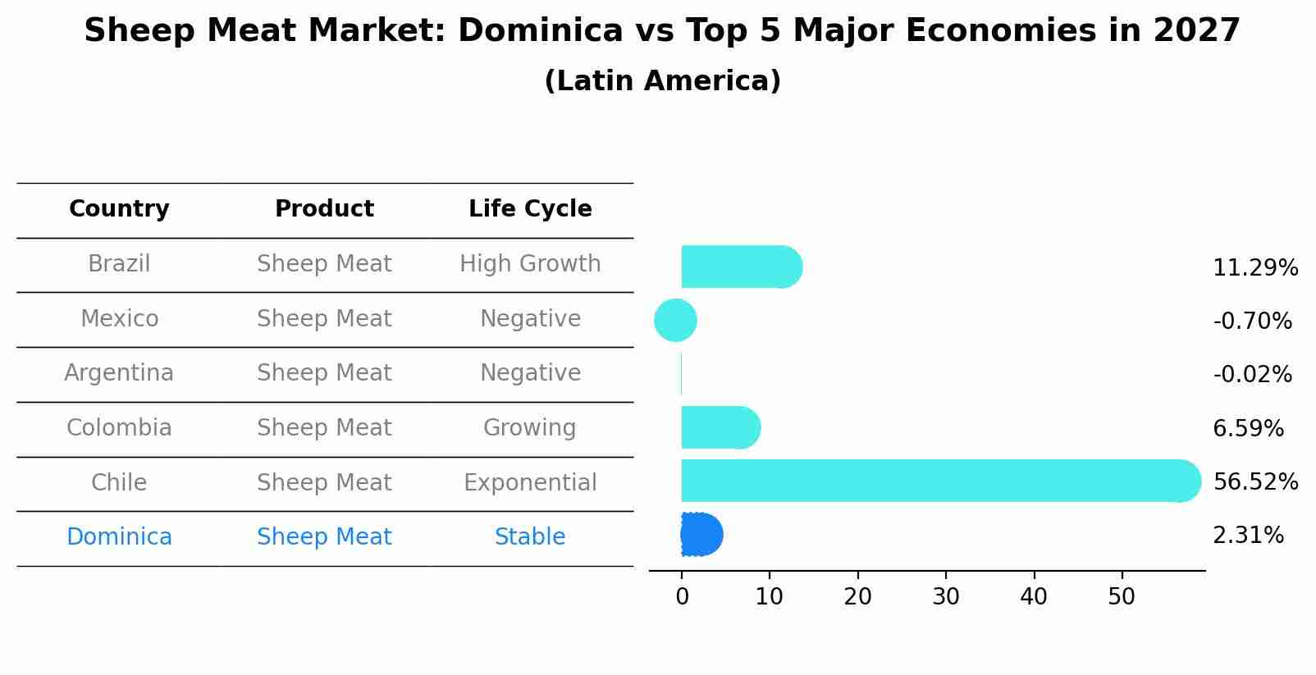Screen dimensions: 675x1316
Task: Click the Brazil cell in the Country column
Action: coord(119,264)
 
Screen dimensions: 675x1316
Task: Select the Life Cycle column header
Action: coord(530,209)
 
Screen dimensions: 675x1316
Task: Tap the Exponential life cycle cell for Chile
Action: coord(530,483)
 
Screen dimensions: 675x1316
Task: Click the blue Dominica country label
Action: coord(119,537)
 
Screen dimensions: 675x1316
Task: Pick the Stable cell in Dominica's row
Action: coord(530,537)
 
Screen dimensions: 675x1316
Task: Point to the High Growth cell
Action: coord(530,264)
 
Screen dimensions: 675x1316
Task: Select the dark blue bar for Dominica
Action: coord(701,535)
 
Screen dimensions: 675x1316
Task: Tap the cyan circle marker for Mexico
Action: coord(675,320)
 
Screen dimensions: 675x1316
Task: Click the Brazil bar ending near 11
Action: coord(738,267)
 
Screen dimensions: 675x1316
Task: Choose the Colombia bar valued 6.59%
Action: coord(719,427)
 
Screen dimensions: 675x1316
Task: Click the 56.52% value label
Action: coord(1255,481)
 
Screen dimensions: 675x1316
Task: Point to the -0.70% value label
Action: coord(1252,321)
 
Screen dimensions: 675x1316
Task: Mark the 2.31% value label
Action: coord(1248,536)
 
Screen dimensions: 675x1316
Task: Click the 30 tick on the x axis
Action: coord(946,597)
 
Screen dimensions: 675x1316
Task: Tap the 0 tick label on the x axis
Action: coord(682,597)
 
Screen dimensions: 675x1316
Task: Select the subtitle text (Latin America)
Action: coord(662,81)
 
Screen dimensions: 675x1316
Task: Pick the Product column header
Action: coord(324,209)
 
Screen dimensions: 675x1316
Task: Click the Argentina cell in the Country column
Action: coord(119,373)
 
